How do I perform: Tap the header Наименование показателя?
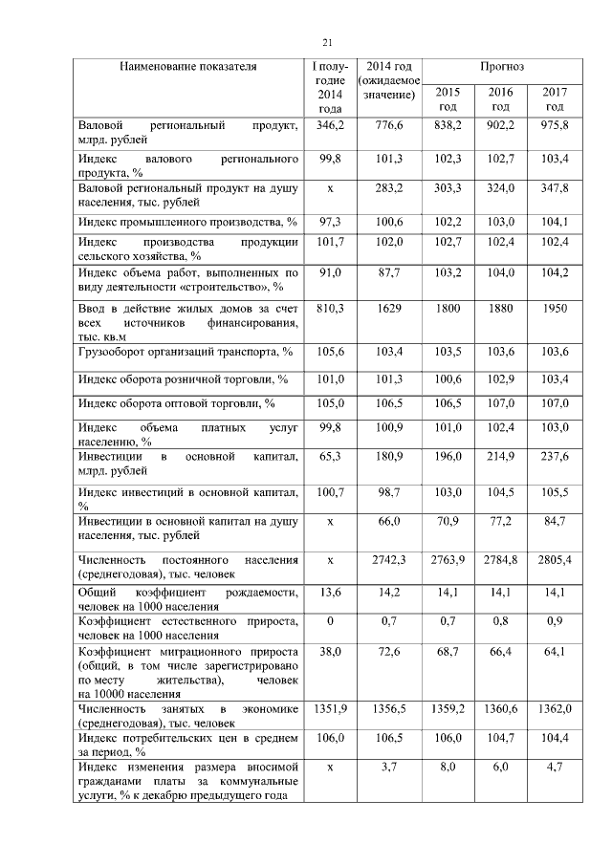pos(188,67)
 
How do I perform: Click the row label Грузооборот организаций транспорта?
pos(185,353)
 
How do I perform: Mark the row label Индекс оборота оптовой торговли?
pos(176,403)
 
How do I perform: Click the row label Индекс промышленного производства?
pos(186,223)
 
